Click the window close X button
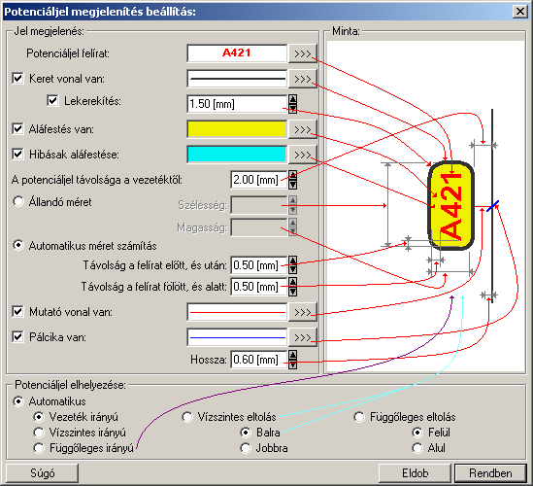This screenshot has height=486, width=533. pyautogui.click(x=520, y=12)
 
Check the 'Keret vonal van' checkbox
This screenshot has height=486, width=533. pyautogui.click(x=17, y=79)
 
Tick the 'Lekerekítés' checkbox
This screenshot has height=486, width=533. pyautogui.click(x=52, y=101)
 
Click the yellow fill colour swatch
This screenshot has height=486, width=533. pyautogui.click(x=237, y=129)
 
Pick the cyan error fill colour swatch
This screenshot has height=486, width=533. pyautogui.click(x=237, y=155)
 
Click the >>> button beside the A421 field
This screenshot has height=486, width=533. pyautogui.click(x=303, y=53)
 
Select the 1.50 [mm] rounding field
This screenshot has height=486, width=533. pyautogui.click(x=237, y=104)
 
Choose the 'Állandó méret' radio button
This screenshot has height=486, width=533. pyautogui.click(x=18, y=201)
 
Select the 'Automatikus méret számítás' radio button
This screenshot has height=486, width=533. pyautogui.click(x=18, y=245)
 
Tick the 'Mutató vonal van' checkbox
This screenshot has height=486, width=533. pyautogui.click(x=17, y=311)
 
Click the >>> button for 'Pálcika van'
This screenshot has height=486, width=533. pyautogui.click(x=303, y=337)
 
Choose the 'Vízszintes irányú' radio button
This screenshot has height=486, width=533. pyautogui.click(x=39, y=433)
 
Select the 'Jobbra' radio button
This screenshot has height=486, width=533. pyautogui.click(x=245, y=448)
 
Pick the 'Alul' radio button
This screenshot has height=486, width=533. pyautogui.click(x=417, y=448)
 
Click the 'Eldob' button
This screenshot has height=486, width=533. pyautogui.click(x=416, y=473)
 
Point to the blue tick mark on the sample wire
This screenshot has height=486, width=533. pyautogui.click(x=492, y=205)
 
